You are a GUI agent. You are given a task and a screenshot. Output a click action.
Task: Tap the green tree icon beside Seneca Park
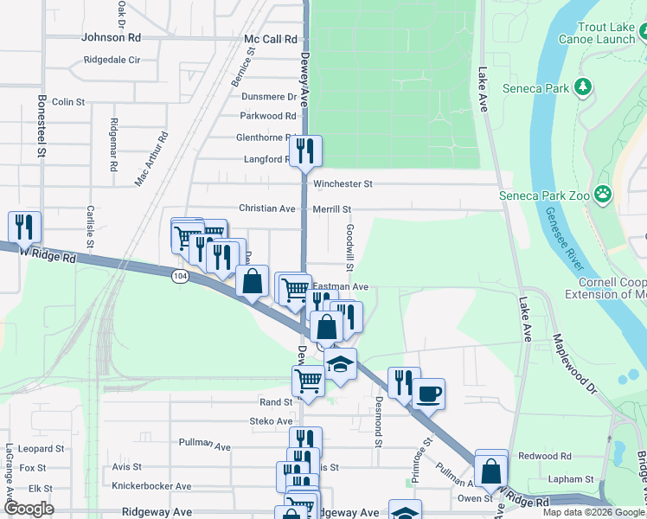pyautogui.click(x=584, y=87)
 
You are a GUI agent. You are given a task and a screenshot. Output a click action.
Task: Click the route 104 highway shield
pyautogui.click(x=179, y=276)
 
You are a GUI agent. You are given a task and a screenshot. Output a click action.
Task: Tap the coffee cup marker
pyautogui.click(x=428, y=394)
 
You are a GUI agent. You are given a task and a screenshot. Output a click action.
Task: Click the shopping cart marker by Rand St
pyautogui.click(x=308, y=380)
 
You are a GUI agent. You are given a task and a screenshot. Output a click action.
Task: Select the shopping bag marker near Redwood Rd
pyautogui.click(x=491, y=471)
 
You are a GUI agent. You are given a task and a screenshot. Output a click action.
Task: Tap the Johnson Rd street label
pyautogui.click(x=111, y=38)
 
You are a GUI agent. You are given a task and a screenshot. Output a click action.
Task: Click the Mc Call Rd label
pyautogui.click(x=271, y=40)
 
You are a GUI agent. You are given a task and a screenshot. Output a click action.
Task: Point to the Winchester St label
pyautogui.click(x=343, y=184)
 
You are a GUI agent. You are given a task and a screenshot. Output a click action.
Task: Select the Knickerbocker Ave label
pyautogui.click(x=151, y=486)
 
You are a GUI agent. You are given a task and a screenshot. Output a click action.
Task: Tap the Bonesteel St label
pyautogui.click(x=41, y=126)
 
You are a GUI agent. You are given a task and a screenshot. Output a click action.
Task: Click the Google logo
pyautogui.click(x=29, y=509)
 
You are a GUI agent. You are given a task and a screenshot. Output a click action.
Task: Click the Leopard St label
pyautogui.click(x=41, y=449)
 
